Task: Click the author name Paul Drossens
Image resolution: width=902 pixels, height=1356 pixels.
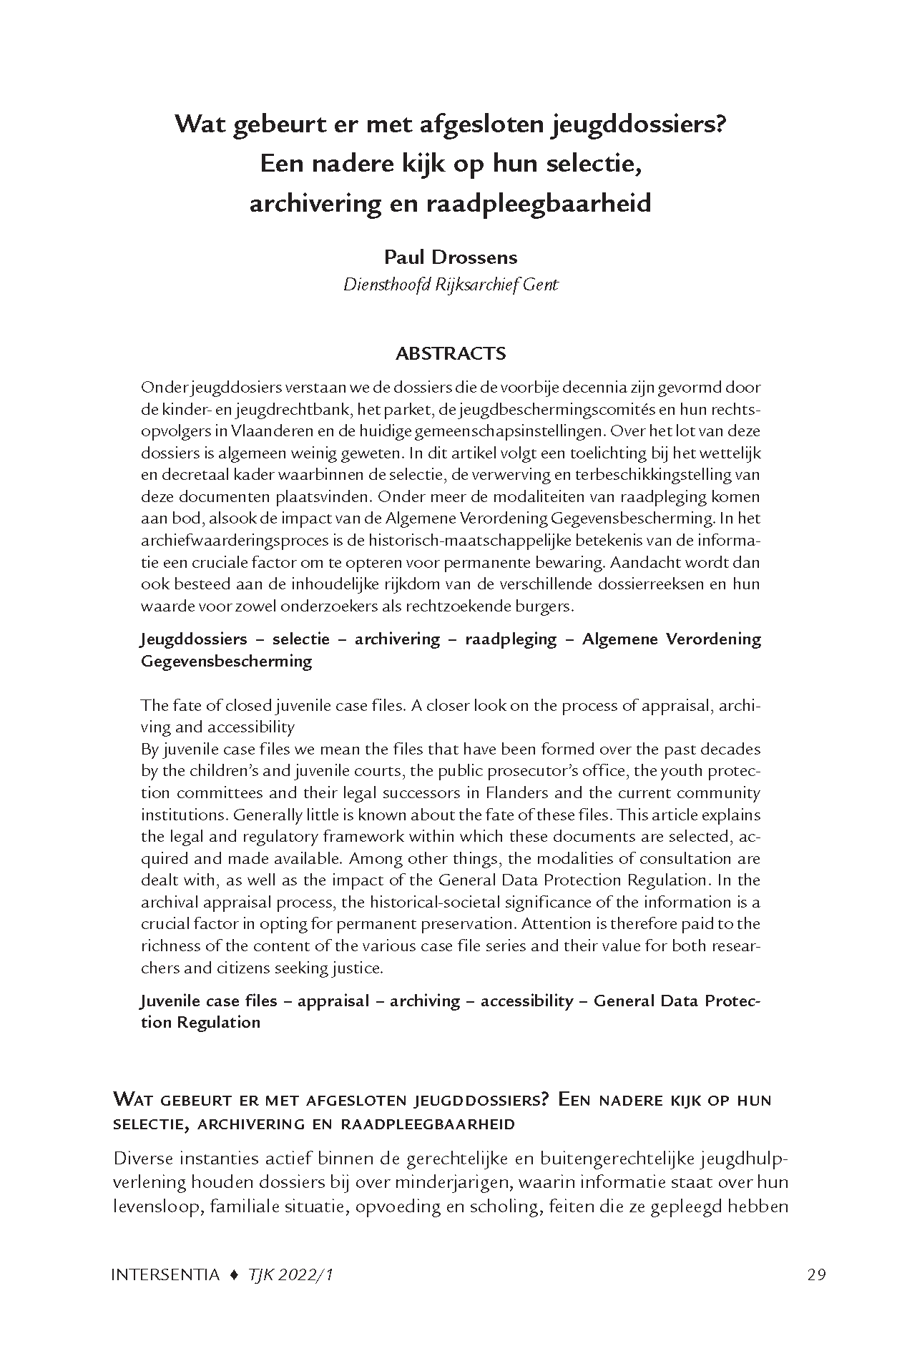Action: click(x=451, y=257)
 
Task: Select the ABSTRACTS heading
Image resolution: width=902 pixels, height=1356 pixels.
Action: click(x=451, y=353)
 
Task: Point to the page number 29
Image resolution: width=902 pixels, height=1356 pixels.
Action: click(x=816, y=1274)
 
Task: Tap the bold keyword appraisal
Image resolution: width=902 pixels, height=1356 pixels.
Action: click(x=332, y=1001)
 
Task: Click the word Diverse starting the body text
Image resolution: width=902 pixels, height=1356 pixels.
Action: click(x=144, y=1158)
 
